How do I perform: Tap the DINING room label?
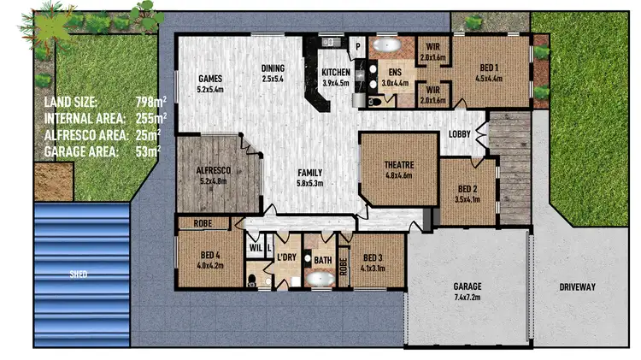(272, 68)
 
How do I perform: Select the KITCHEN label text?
(336, 73)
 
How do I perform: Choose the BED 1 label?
(488, 68)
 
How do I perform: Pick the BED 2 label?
(468, 189)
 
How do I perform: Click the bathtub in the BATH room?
(321, 277)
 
